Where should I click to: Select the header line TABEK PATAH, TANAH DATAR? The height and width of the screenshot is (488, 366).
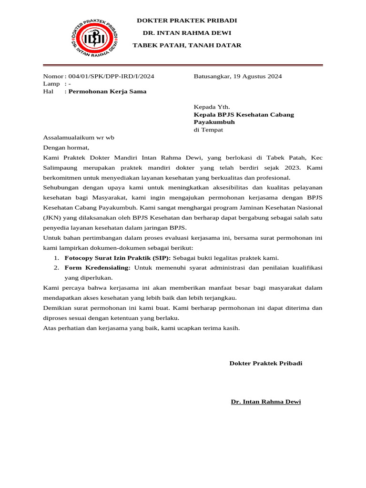pos(186,45)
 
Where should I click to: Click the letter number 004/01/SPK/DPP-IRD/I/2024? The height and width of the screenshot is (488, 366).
pos(111,76)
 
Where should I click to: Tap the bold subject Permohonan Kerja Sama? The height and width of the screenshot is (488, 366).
pos(107,91)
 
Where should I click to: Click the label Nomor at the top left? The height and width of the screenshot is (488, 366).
pos(52,76)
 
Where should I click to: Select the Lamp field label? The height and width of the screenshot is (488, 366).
pos(51,84)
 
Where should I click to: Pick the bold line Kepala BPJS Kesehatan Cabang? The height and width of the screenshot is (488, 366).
pos(244,115)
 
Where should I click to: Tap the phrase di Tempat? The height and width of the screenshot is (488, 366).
pos(208,130)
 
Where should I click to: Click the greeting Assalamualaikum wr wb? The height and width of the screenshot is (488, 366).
pos(79,138)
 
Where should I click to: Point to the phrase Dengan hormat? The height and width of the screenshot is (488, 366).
pos(66,147)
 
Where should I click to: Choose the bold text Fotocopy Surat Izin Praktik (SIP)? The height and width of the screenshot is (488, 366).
pos(117,258)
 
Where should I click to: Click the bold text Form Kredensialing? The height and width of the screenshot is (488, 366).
pos(97,268)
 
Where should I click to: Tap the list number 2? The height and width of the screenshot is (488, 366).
pos(56,268)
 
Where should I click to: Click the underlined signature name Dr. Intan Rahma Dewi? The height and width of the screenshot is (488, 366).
pos(265,402)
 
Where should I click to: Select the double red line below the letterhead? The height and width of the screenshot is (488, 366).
pos(183,65)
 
